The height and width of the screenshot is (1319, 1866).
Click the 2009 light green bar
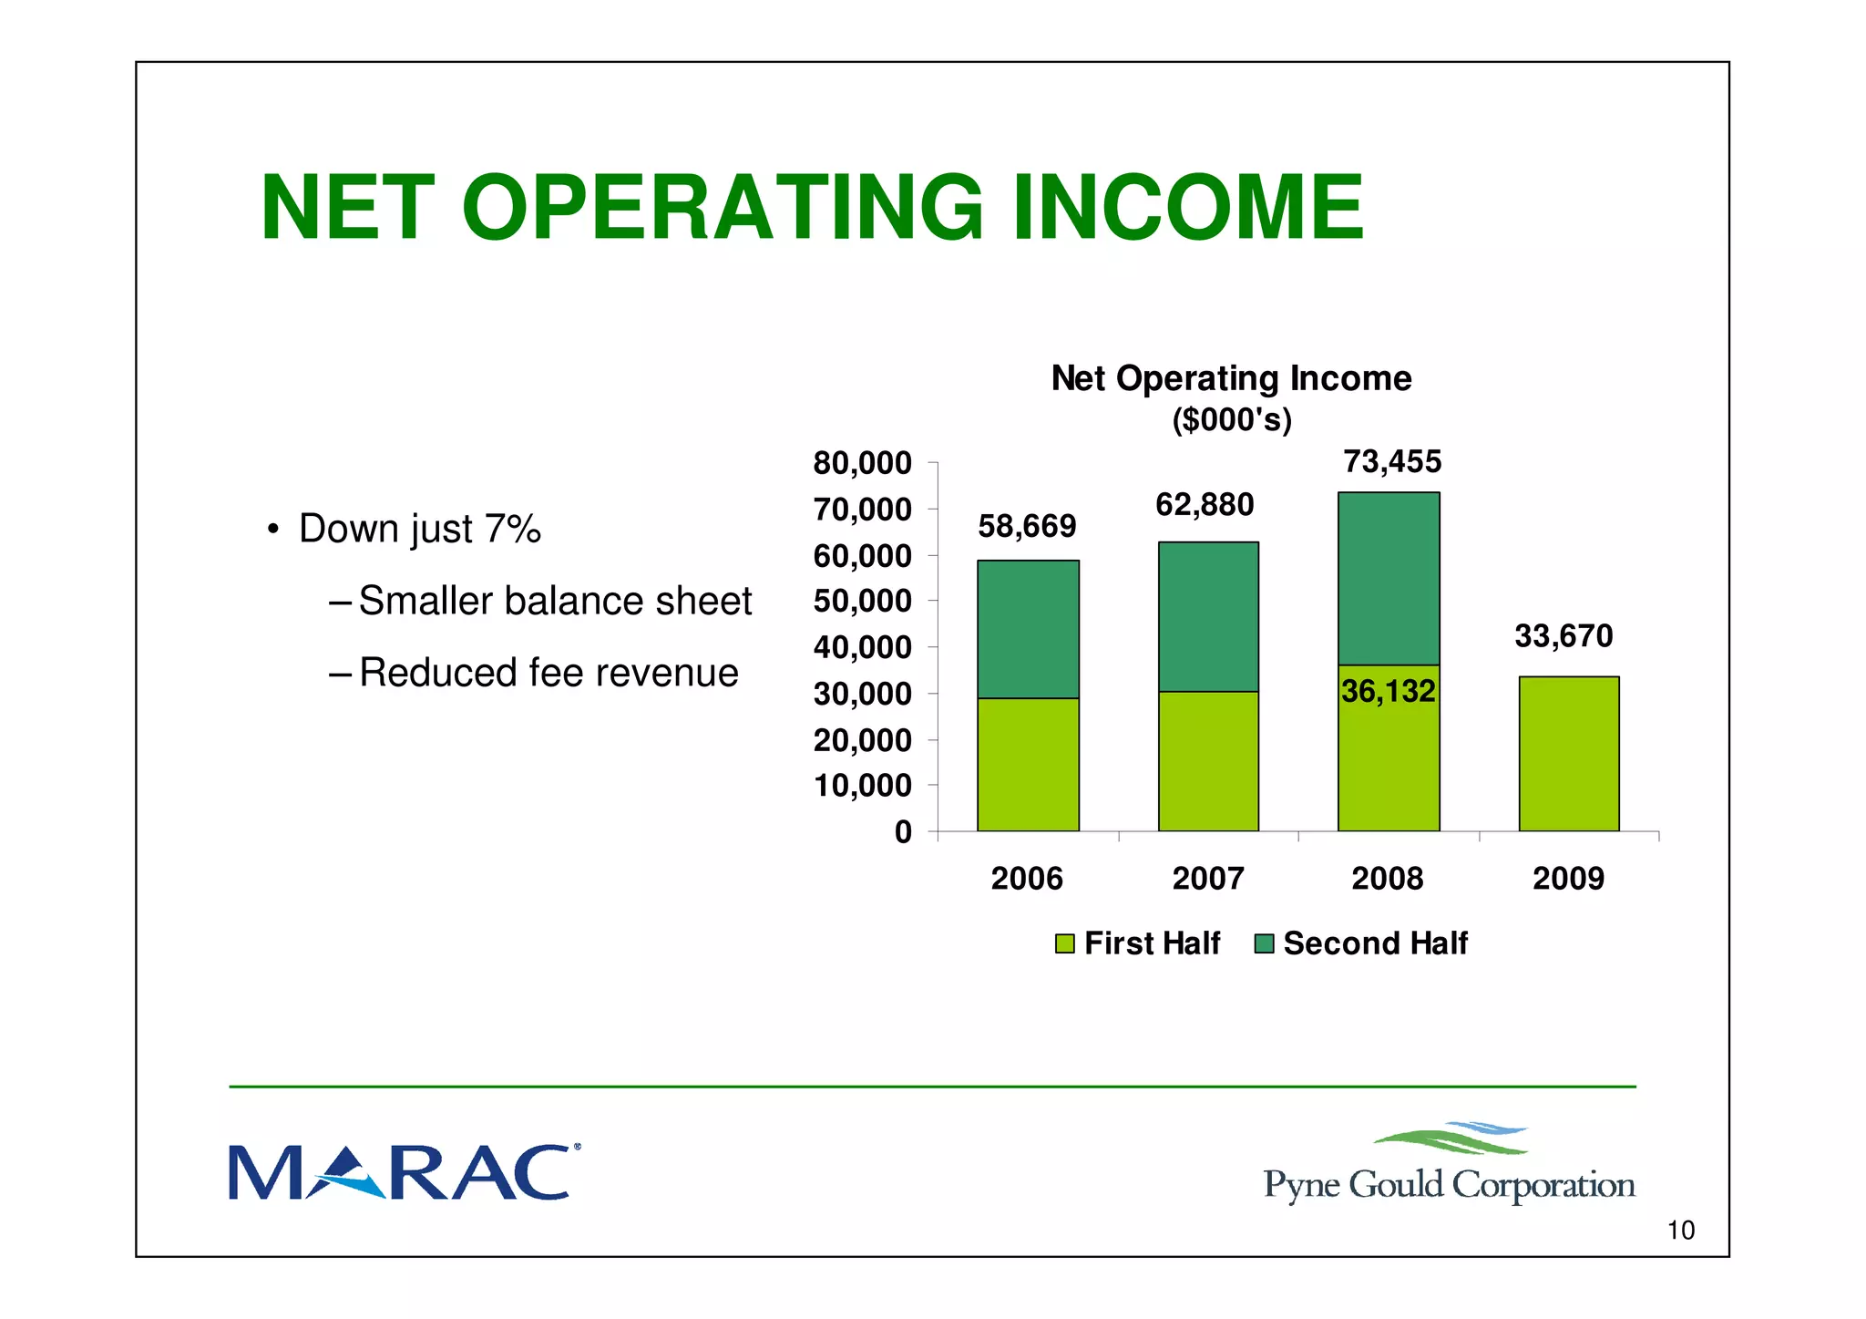tap(1568, 754)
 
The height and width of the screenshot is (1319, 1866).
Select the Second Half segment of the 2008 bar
tap(1389, 578)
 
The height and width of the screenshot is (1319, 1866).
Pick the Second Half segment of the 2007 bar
tap(1208, 616)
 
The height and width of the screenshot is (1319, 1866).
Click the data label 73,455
tap(1392, 462)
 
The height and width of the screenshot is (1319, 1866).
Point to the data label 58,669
tap(1027, 526)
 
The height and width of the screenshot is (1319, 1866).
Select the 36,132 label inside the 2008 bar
tap(1388, 691)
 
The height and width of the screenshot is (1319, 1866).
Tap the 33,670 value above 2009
tap(1564, 635)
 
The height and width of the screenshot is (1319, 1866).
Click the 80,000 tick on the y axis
tap(862, 463)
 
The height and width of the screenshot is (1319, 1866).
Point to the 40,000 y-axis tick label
tap(862, 647)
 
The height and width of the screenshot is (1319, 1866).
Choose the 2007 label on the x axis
tap(1207, 879)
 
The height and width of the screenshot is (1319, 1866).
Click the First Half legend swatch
tap(1064, 943)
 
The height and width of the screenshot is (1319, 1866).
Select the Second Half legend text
tap(1375, 943)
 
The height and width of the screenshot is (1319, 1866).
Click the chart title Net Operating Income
tap(1231, 378)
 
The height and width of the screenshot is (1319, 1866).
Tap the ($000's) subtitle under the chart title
tap(1231, 420)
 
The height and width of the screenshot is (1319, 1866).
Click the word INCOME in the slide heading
tap(1188, 208)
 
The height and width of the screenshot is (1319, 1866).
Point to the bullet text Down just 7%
tap(419, 529)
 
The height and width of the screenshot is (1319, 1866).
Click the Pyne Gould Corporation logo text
tap(1449, 1185)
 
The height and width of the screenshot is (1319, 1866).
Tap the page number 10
tap(1680, 1231)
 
